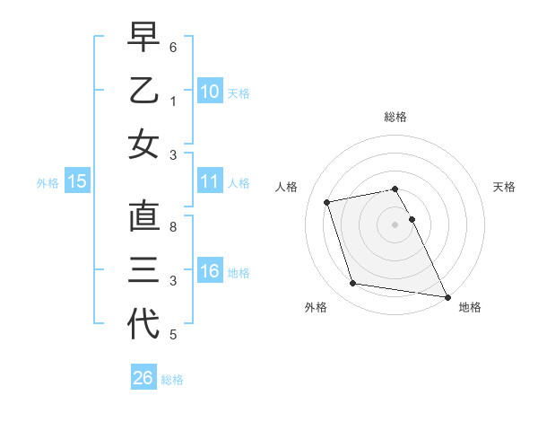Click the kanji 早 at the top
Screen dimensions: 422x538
point(143,37)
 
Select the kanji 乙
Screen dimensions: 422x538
point(143,91)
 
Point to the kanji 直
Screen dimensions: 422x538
point(143,216)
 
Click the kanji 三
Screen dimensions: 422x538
point(143,270)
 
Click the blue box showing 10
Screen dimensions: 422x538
point(210,91)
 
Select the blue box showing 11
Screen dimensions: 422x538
point(210,181)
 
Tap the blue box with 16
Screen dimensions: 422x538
point(210,271)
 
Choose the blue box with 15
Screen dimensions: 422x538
point(77,181)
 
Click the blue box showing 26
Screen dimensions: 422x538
point(143,378)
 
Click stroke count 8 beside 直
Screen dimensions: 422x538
point(173,226)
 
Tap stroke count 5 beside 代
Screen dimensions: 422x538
point(173,336)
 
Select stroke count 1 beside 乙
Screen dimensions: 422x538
point(173,101)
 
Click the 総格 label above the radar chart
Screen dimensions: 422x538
point(395,117)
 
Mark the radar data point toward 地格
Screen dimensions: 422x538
point(447,296)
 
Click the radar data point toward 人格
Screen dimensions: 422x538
point(327,201)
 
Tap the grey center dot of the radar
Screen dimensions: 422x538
point(395,224)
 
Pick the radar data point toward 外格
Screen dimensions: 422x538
point(353,284)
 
